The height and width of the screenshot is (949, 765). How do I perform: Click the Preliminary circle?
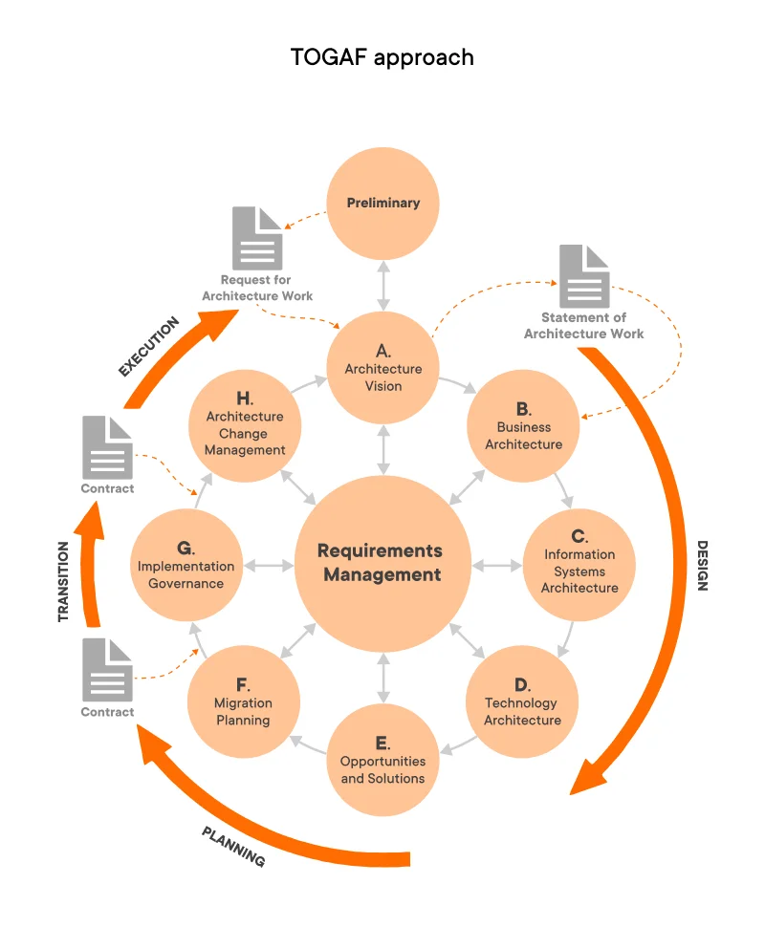[x=382, y=203]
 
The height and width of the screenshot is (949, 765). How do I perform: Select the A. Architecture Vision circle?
[x=382, y=368]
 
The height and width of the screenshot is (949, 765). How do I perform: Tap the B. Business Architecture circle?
[x=523, y=426]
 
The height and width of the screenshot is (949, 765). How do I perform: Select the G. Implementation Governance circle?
[x=186, y=565]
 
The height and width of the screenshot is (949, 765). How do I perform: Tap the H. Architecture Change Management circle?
[x=245, y=426]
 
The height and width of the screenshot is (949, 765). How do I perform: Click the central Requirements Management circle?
[x=382, y=563]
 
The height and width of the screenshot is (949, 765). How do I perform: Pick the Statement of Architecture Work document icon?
[x=584, y=276]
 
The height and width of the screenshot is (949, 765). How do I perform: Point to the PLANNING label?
[x=233, y=846]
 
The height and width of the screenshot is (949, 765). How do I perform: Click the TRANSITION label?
[x=64, y=582]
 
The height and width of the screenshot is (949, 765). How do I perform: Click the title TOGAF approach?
[x=382, y=57]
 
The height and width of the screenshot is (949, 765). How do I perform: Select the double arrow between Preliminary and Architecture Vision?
[x=382, y=285]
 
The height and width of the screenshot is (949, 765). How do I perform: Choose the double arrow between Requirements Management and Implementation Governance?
[x=269, y=566]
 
